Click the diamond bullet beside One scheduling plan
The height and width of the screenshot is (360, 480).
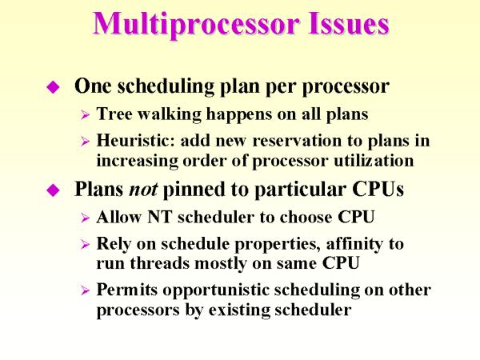click(54, 87)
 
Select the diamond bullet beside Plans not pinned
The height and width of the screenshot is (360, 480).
click(54, 191)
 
